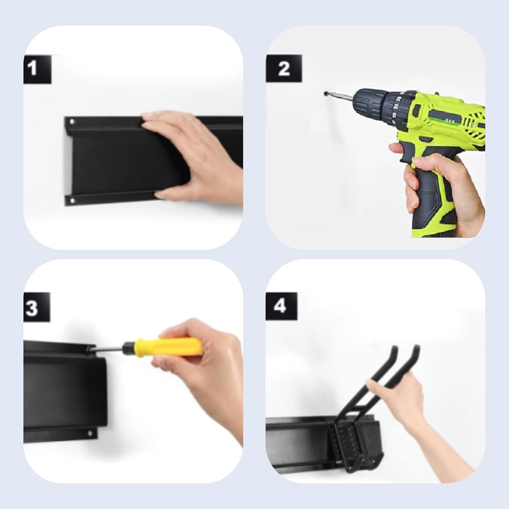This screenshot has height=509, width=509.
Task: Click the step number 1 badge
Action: pos(37,69)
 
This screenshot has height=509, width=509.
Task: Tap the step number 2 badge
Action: pos(284,69)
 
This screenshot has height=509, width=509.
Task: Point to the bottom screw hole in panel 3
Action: pos(90,433)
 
